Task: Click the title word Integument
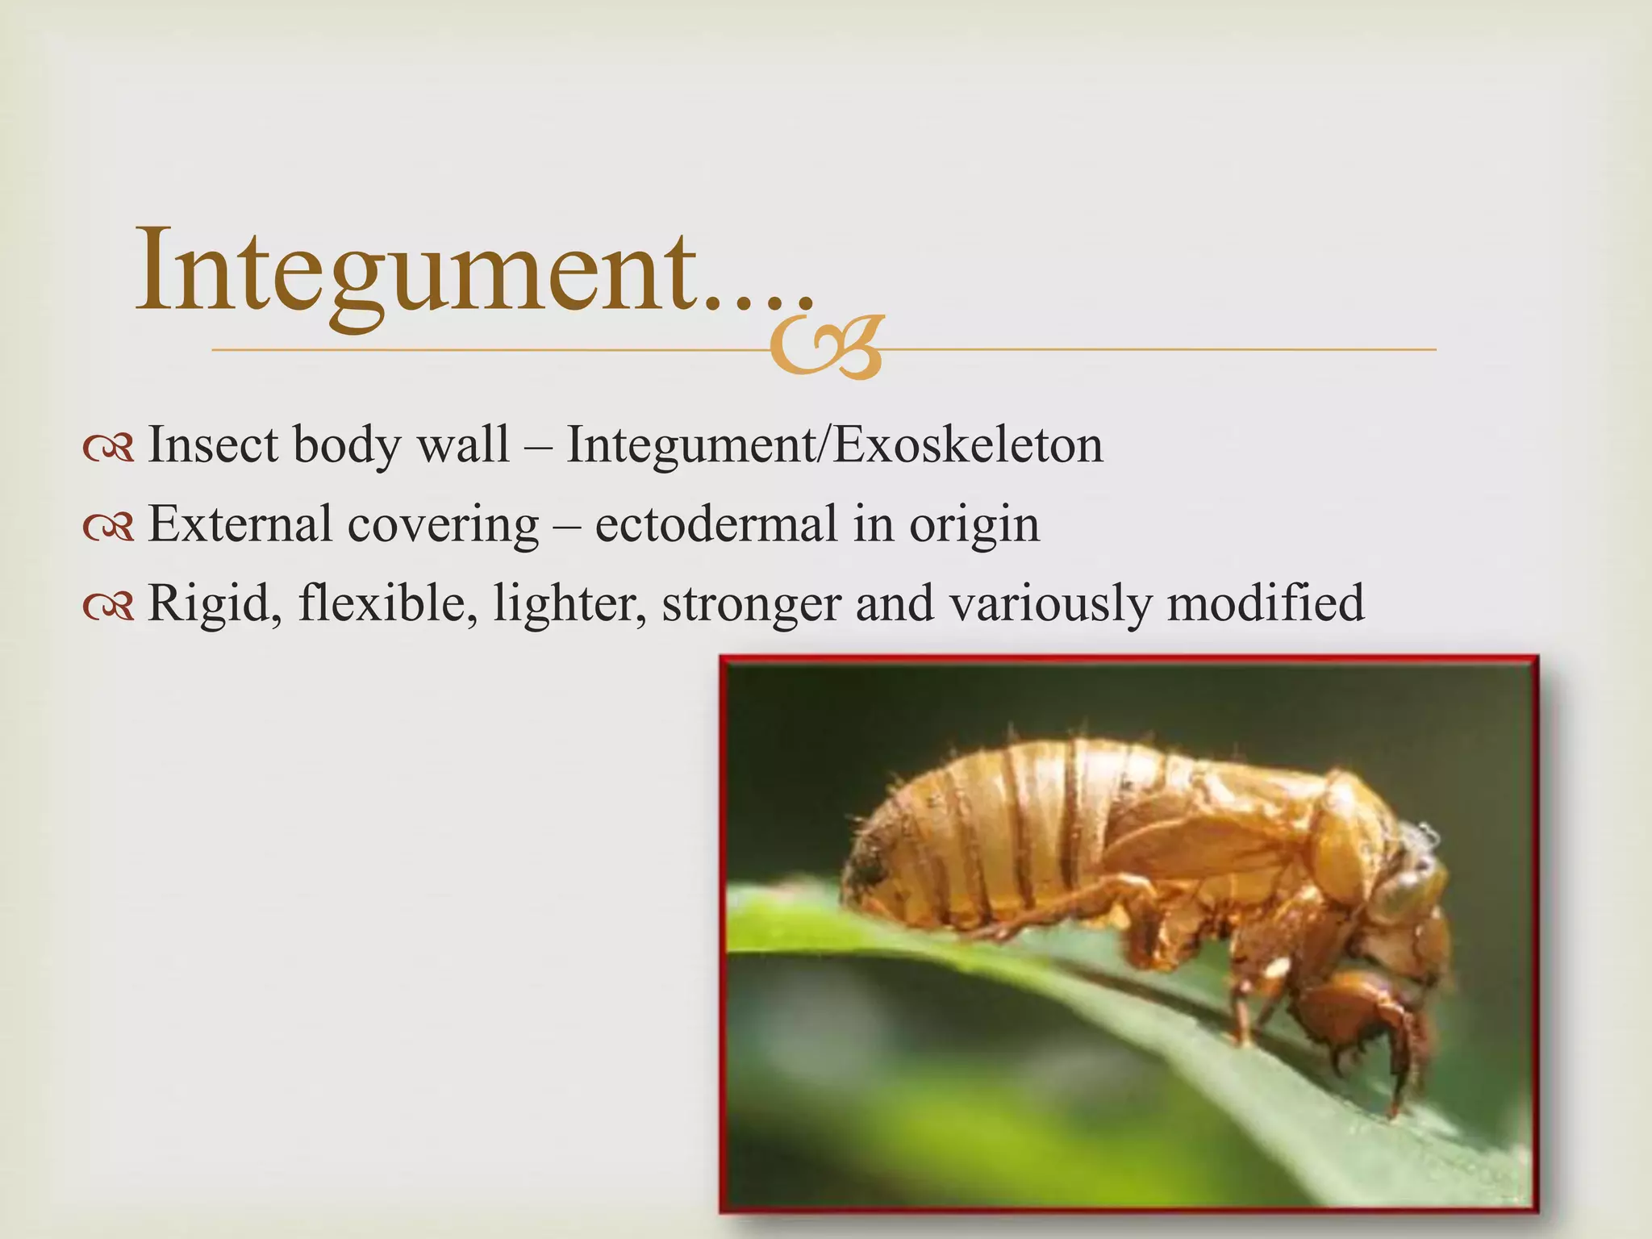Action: [x=419, y=270]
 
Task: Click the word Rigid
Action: [x=215, y=603]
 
